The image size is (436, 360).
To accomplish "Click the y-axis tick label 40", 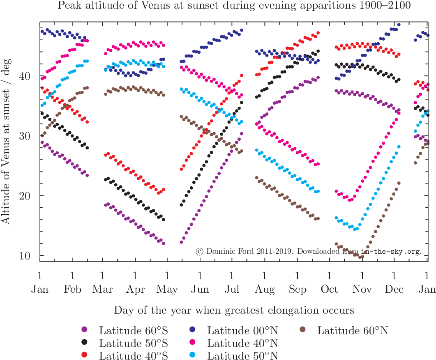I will (25, 76).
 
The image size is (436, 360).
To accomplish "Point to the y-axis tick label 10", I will (25, 255).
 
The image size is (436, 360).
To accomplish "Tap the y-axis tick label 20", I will (25, 195).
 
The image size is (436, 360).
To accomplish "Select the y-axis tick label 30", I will (25, 136).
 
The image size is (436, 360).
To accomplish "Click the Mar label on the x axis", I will (102, 289).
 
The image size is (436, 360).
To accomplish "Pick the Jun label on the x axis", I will (200, 289).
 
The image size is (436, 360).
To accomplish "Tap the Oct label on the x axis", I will (330, 289).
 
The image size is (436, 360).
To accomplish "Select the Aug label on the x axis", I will (265, 289).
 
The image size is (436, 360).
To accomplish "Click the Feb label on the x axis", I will (73, 289).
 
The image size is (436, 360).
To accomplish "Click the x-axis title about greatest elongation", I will (234, 309).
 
